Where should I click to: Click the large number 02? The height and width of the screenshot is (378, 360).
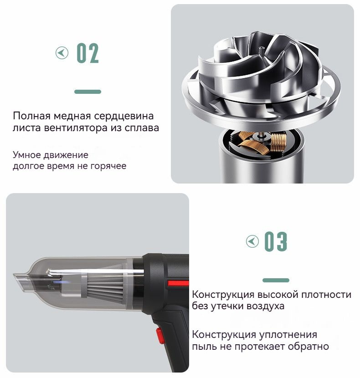(87, 53)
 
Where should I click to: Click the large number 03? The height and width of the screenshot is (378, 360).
(276, 241)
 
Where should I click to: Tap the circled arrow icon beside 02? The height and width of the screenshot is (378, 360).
(62, 52)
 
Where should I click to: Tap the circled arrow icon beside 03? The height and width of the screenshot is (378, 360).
(252, 241)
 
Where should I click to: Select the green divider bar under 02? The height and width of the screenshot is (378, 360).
(87, 92)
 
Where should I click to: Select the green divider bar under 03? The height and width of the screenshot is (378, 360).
(276, 280)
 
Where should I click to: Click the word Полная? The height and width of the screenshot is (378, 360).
(31, 116)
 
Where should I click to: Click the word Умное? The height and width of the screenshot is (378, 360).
(26, 155)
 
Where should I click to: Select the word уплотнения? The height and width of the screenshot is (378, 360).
(288, 335)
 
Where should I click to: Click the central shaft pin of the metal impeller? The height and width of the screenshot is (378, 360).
(261, 51)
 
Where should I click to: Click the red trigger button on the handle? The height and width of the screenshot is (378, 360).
(160, 336)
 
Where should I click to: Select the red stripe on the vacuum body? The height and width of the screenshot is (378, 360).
(178, 283)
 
